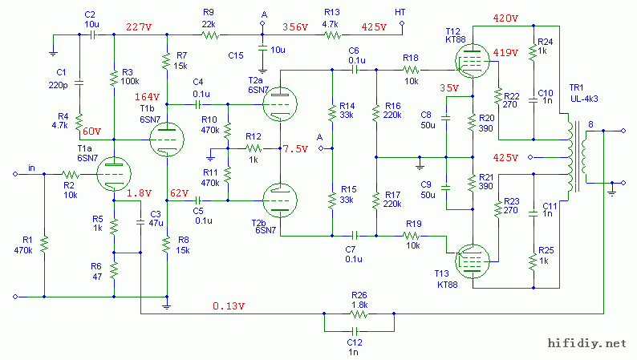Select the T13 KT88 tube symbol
472,260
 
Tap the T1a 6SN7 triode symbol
113,172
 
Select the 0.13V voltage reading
229,305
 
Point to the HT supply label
400,13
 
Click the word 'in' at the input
31,167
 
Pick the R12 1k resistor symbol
254,148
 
